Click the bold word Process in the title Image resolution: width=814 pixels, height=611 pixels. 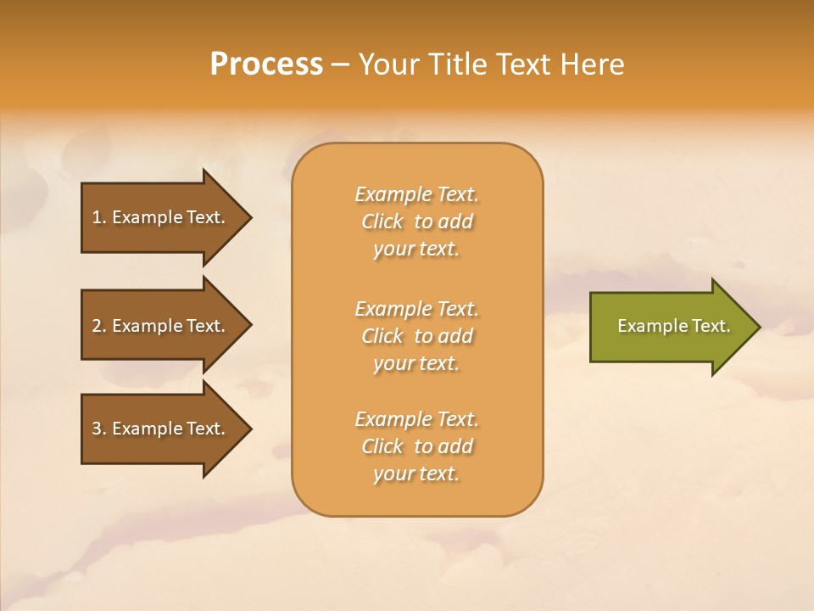point(266,64)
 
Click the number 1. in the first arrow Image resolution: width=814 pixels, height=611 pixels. point(98,217)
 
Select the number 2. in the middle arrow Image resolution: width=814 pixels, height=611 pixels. point(98,326)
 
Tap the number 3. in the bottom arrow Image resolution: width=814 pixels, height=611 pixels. point(98,429)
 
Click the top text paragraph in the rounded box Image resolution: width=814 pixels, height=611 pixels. point(416,221)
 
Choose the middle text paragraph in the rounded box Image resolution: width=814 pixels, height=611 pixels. point(416,336)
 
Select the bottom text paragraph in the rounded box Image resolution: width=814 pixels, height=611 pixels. point(416,446)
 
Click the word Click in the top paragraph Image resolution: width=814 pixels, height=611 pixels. point(382,221)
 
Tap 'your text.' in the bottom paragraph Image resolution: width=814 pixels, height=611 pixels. point(416,474)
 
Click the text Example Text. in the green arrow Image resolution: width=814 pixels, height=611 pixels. point(673,326)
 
